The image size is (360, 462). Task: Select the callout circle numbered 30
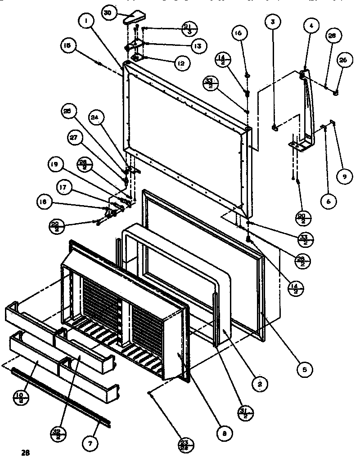108,13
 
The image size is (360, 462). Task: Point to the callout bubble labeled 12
181,64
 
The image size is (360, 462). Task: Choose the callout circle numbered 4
310,26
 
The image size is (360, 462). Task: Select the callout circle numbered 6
328,202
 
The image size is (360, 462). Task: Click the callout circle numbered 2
260,383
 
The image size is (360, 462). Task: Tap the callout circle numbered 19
55,165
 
